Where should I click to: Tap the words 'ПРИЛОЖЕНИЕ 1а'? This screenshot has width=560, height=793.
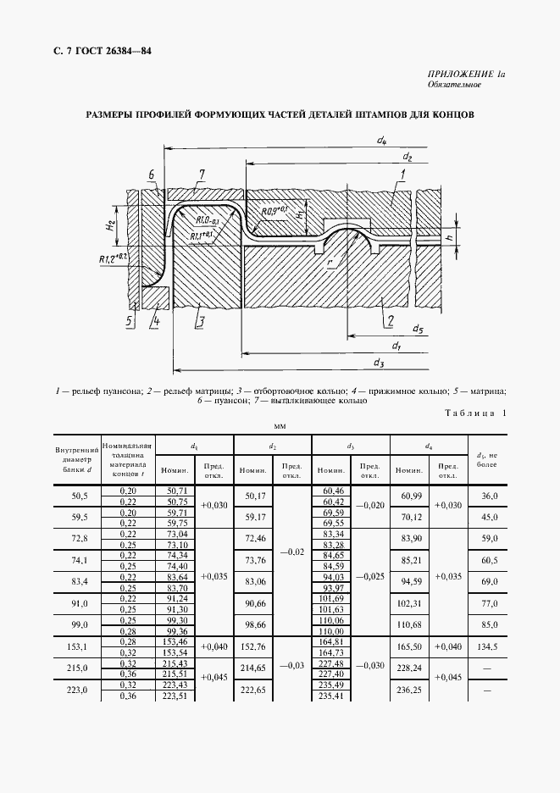[x=467, y=75]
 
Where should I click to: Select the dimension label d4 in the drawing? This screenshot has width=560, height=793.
[x=382, y=140]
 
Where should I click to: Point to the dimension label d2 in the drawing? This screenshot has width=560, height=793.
[x=408, y=157]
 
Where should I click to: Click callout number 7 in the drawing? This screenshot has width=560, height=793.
[x=202, y=175]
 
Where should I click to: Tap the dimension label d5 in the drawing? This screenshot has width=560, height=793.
[x=418, y=329]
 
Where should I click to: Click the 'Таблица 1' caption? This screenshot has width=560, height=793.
[x=474, y=413]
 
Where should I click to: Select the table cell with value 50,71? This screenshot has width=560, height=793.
[x=178, y=491]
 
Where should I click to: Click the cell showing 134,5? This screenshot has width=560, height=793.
[x=487, y=646]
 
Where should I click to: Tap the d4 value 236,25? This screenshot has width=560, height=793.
[x=410, y=689]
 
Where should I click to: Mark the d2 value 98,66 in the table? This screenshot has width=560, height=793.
[x=255, y=624]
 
